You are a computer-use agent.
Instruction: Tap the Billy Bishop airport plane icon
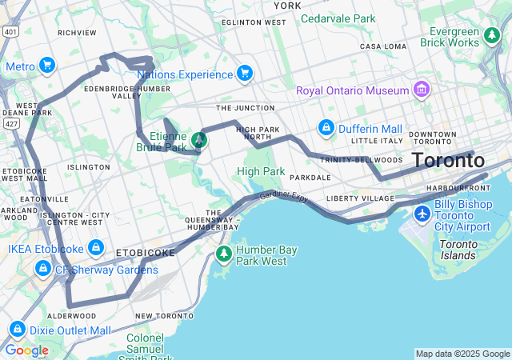(422, 214)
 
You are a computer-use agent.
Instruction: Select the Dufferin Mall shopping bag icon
(326, 128)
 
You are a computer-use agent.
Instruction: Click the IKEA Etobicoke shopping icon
(96, 248)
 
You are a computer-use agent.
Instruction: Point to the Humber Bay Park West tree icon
(224, 255)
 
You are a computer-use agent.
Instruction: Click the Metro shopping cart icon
(47, 66)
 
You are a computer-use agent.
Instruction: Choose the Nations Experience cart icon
(245, 74)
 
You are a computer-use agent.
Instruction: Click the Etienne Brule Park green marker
(198, 141)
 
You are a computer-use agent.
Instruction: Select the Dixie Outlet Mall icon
(17, 330)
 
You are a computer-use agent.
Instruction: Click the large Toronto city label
(448, 161)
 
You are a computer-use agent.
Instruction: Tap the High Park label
(261, 171)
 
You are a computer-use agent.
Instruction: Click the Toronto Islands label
(458, 250)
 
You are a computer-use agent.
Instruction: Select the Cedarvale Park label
(338, 18)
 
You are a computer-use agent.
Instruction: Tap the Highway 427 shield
(10, 124)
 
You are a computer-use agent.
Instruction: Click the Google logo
(26, 350)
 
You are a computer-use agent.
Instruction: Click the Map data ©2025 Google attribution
(462, 354)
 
